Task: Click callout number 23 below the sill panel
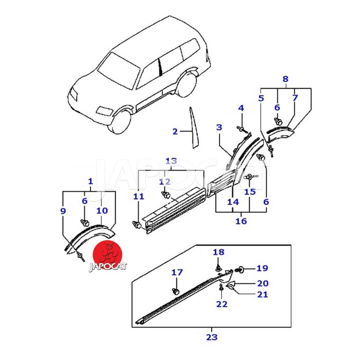(211, 337)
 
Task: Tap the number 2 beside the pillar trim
(175, 131)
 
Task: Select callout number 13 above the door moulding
(171, 161)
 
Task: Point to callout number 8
(285, 79)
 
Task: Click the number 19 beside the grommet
(262, 269)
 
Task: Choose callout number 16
(241, 221)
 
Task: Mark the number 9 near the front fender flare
(63, 211)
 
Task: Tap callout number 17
(177, 272)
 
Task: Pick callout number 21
(262, 294)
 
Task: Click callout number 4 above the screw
(241, 108)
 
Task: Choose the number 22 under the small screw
(222, 304)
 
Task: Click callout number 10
(102, 211)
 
